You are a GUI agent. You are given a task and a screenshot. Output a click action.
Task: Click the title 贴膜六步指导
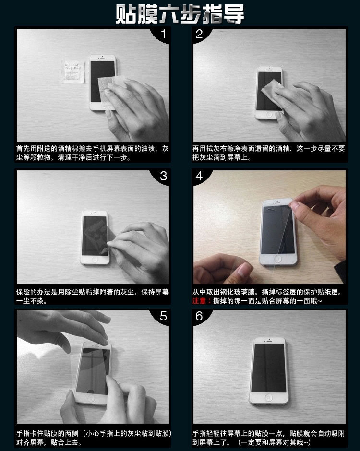click(180, 13)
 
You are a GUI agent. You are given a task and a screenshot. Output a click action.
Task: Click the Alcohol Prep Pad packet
click(73, 71)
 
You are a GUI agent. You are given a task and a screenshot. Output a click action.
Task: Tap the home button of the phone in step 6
click(269, 399)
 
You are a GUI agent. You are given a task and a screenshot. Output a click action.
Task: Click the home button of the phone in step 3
click(95, 260)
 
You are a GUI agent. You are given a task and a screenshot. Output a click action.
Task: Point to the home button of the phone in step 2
click(269, 114)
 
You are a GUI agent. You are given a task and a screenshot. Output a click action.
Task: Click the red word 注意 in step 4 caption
click(199, 301)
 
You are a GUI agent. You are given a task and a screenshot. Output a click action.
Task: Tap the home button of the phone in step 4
click(278, 259)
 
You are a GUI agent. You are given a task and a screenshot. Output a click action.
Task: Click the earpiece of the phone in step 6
click(269, 342)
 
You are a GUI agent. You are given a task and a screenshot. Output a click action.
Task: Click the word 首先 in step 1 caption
click(24, 148)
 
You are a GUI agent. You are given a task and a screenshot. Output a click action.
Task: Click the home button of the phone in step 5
click(91, 398)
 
